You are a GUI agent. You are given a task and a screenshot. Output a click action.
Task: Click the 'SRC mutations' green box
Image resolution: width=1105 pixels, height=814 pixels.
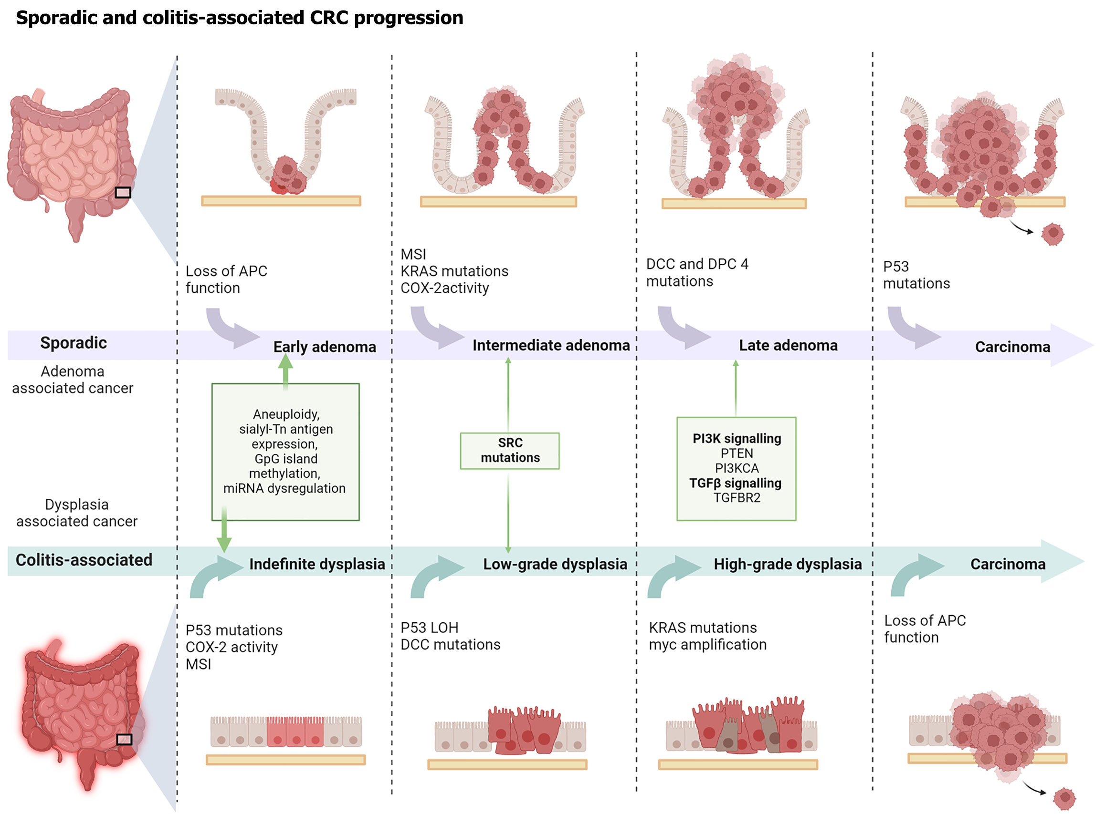(509, 450)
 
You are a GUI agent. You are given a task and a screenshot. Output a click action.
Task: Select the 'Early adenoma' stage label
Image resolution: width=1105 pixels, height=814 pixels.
(325, 347)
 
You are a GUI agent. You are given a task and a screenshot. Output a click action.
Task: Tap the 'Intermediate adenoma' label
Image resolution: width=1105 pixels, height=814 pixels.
(551, 345)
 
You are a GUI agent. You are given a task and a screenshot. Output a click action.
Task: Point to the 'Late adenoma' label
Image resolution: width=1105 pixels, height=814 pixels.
(788, 345)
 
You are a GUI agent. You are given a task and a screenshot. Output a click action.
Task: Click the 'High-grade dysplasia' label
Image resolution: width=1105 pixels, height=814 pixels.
(788, 564)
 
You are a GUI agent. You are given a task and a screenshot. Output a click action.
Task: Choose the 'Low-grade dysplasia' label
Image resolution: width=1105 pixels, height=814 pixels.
(555, 564)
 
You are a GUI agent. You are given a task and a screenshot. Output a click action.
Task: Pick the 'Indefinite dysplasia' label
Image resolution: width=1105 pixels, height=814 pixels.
(316, 564)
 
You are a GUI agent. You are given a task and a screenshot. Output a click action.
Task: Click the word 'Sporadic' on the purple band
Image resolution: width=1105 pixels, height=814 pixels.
(74, 343)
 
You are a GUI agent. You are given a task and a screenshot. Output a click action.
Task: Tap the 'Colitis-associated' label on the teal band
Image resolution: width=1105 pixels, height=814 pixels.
(84, 560)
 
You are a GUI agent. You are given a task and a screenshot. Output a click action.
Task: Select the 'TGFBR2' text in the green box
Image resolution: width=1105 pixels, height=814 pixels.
(737, 498)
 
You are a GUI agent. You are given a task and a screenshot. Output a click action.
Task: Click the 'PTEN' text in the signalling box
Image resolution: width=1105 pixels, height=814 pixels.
(737, 453)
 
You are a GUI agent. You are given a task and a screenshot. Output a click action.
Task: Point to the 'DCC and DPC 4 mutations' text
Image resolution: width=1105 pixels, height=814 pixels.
(697, 272)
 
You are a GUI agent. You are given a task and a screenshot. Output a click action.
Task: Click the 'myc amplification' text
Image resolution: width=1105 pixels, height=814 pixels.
(707, 645)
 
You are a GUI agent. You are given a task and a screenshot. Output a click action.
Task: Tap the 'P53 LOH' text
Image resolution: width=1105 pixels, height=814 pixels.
(429, 628)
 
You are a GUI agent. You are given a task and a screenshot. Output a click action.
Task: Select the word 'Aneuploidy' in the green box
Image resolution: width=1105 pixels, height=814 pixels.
(286, 414)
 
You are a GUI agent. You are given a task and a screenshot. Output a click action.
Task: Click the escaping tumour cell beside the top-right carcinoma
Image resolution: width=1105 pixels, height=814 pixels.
(1052, 234)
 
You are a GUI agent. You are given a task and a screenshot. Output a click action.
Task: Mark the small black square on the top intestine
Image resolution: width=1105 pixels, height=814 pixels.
(123, 193)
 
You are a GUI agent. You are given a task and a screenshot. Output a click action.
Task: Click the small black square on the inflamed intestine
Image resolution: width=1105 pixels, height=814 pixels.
(124, 739)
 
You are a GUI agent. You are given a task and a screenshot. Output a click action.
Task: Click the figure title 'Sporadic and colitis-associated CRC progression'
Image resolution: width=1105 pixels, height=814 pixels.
(240, 18)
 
